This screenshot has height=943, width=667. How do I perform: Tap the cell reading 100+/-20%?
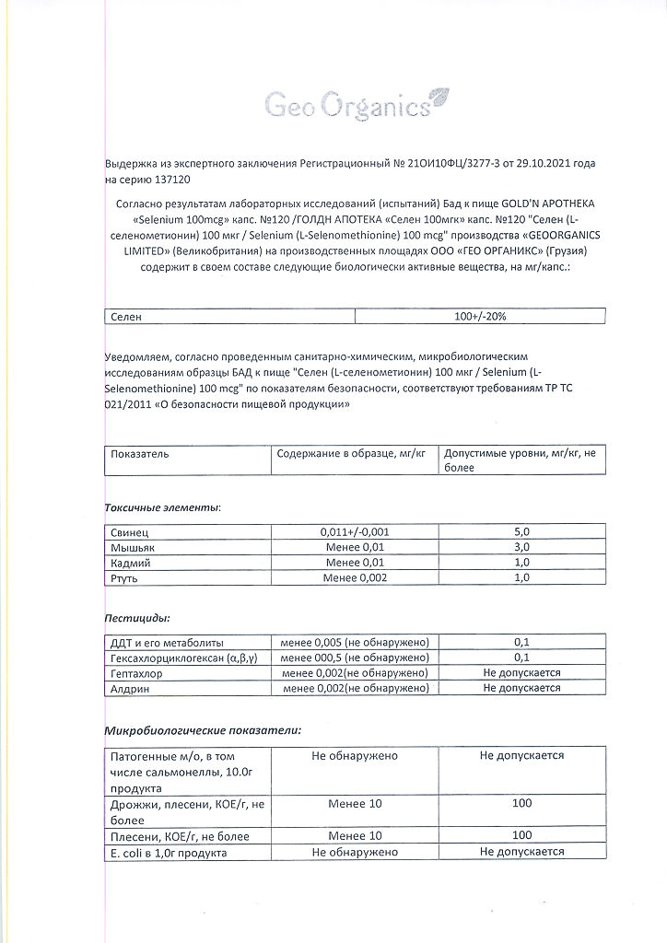click(x=480, y=316)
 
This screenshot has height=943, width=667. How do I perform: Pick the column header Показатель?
click(x=139, y=454)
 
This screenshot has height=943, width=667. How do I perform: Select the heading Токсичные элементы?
click(x=161, y=507)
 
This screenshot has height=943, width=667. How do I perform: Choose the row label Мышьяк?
click(x=133, y=548)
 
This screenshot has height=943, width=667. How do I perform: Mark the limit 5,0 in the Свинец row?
click(x=521, y=532)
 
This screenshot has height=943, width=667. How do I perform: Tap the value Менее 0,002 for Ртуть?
click(x=355, y=577)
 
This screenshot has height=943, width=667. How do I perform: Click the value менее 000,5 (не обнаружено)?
click(x=355, y=658)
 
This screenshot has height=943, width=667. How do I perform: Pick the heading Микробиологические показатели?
click(x=203, y=729)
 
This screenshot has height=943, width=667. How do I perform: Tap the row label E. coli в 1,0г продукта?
click(x=169, y=852)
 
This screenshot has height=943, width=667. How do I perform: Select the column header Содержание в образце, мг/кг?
click(x=351, y=454)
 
